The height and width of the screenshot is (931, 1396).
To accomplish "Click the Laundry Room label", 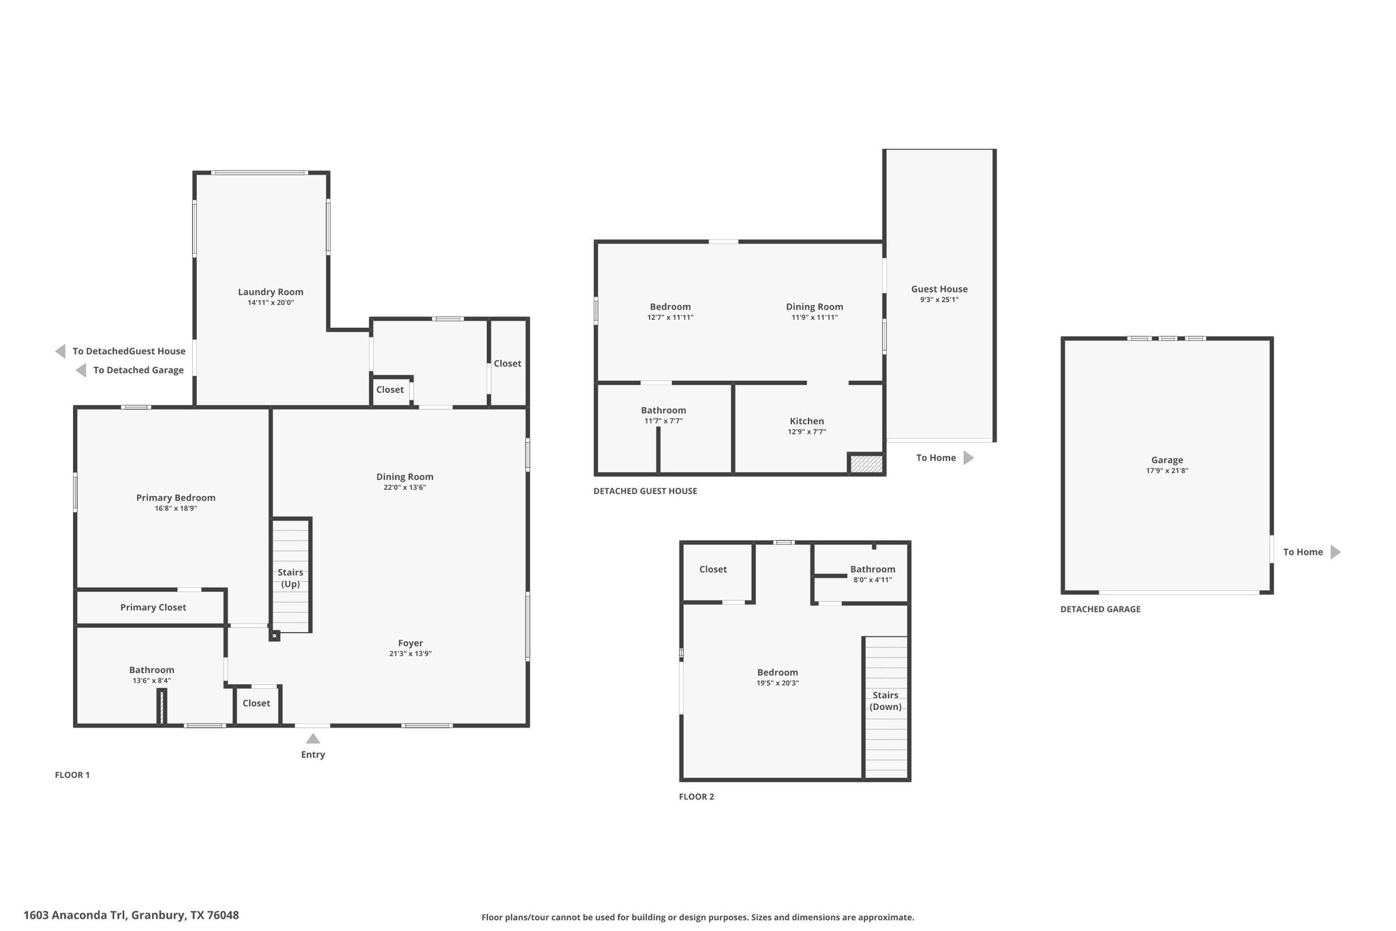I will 271,292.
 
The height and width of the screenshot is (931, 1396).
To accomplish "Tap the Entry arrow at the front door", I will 313,739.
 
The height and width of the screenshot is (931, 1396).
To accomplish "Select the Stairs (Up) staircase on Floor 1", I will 291,576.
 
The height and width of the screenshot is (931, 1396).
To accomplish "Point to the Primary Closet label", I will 153,607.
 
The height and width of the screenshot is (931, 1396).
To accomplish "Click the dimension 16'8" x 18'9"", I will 176,508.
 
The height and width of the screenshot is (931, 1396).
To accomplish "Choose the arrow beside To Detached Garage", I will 81,370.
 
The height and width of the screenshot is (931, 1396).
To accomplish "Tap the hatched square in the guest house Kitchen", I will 866,464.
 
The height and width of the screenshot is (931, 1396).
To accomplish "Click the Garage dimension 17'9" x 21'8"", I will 1167,471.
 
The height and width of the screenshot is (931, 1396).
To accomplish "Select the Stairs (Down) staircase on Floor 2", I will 886,706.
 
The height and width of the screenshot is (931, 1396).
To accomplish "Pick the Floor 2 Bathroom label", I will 872,569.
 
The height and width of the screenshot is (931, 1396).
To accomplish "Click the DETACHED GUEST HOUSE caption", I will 645,491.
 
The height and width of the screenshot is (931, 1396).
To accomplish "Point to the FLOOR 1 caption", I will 72,775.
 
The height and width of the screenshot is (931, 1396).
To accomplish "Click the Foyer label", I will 410,643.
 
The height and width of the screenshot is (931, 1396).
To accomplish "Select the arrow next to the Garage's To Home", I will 1335,552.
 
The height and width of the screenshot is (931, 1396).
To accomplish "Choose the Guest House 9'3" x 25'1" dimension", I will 939,299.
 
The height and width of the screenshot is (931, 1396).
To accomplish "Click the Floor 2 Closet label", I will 713,569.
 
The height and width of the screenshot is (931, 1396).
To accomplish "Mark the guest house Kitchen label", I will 807,421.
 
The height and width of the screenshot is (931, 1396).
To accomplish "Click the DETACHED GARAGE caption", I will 1100,609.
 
